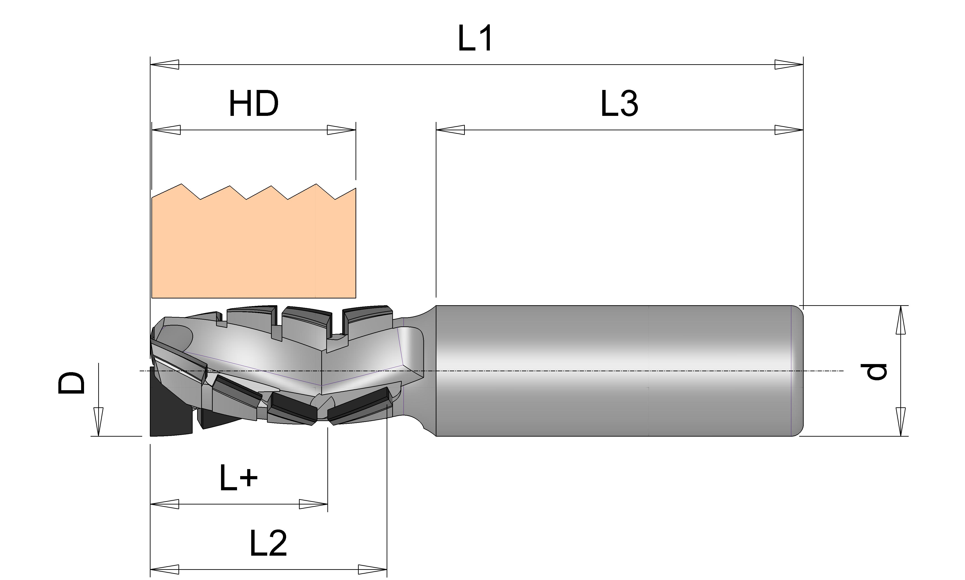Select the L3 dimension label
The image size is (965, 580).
click(x=619, y=103)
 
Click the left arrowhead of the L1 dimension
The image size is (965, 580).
click(x=165, y=64)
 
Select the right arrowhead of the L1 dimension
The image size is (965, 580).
click(x=789, y=64)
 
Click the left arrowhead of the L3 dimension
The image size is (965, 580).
click(x=450, y=130)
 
